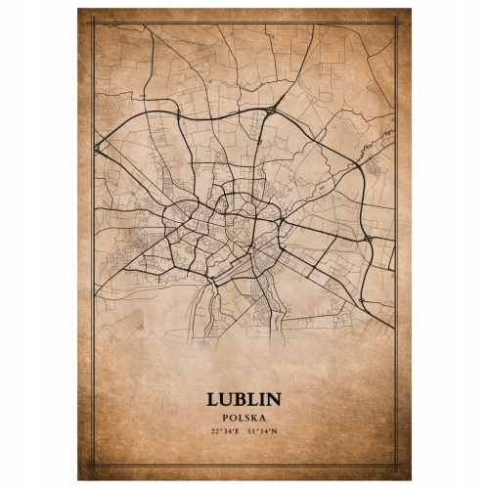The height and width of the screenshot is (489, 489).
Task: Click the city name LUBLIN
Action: (x=244, y=400)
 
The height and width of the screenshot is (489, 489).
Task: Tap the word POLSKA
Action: (x=244, y=419)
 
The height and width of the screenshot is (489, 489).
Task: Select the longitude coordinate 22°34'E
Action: (x=226, y=431)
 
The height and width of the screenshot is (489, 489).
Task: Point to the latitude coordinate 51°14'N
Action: (x=262, y=431)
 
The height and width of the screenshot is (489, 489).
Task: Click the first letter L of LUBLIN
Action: (x=212, y=400)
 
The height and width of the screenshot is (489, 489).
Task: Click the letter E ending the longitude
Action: (x=238, y=431)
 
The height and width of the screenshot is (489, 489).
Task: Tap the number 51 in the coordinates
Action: (x=252, y=431)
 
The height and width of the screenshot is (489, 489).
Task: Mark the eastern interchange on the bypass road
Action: (x=366, y=236)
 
